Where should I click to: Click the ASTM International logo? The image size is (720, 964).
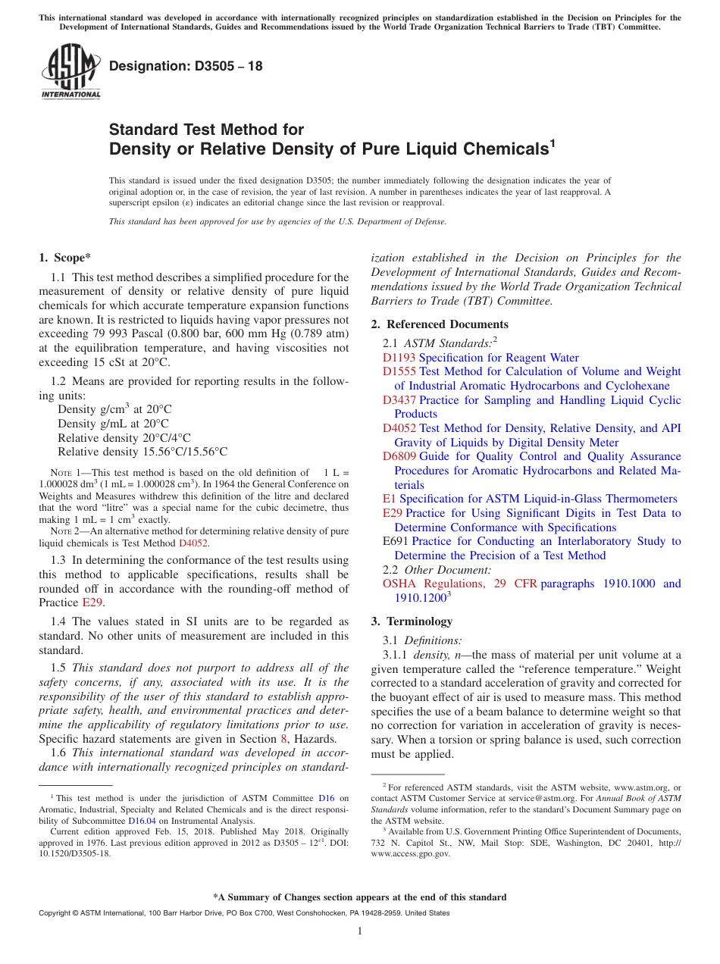pyautogui.click(x=70, y=71)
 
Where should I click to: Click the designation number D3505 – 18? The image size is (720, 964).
pyautogui.click(x=186, y=66)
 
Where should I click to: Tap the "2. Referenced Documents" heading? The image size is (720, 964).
pyautogui.click(x=429, y=324)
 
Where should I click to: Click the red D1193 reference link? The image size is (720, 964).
pyautogui.click(x=399, y=358)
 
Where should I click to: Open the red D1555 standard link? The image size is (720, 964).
pyautogui.click(x=399, y=371)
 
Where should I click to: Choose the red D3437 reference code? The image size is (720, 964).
pyautogui.click(x=399, y=400)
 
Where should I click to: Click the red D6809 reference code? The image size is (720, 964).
pyautogui.click(x=399, y=456)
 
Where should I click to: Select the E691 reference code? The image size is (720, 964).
pyautogui.click(x=396, y=541)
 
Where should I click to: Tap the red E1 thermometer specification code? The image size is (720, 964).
pyautogui.click(x=389, y=499)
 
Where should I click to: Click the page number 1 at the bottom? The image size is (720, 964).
pyautogui.click(x=360, y=931)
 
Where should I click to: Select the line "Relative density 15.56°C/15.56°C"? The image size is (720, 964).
pyautogui.click(x=142, y=452)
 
